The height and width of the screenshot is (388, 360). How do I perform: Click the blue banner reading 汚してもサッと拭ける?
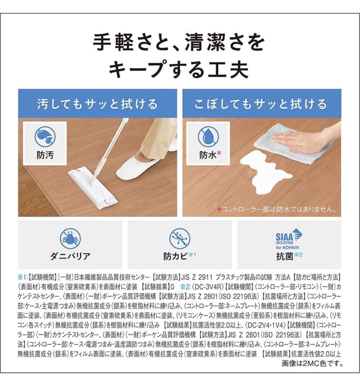pyautogui.click(x=98, y=104)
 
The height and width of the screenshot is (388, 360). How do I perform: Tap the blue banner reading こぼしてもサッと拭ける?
pyautogui.click(x=261, y=104)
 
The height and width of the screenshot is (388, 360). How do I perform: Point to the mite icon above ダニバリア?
pyautogui.click(x=70, y=238)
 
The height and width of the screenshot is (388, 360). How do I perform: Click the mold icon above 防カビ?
pyautogui.click(x=179, y=238)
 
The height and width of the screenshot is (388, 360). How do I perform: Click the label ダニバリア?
pyautogui.click(x=70, y=257)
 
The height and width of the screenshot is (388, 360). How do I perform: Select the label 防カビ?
pyautogui.click(x=176, y=257)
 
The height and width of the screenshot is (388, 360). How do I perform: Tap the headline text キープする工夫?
pyautogui.click(x=179, y=69)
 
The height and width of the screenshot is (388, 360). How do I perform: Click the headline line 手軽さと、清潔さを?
pyautogui.click(x=179, y=43)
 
